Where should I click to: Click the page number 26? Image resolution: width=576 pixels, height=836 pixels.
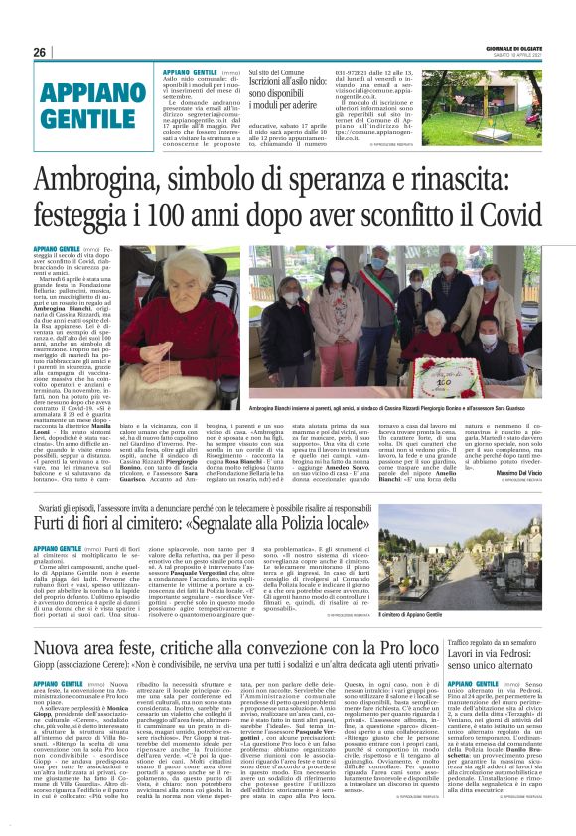39,51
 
